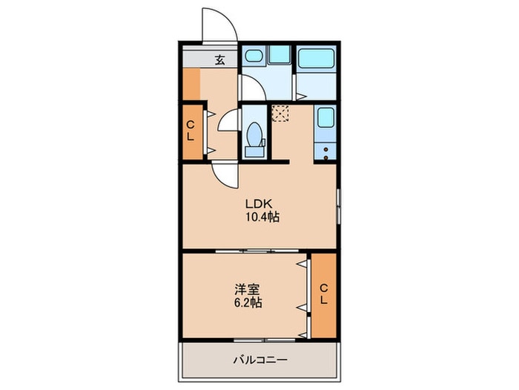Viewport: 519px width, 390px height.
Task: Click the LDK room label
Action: tap(258, 204)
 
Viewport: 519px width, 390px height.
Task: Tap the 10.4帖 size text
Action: tap(262, 217)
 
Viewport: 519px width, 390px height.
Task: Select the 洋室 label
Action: tap(247, 290)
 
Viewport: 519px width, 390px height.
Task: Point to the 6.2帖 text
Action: tap(248, 303)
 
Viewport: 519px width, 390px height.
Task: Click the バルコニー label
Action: tap(259, 360)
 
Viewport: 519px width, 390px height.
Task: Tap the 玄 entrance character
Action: tap(219, 60)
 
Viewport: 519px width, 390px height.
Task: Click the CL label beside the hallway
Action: tap(190, 131)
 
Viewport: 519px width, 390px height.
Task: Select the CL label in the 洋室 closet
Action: tap(324, 294)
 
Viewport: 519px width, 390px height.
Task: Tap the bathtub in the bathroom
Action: tap(317, 59)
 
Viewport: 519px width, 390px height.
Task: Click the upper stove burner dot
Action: tap(326, 149)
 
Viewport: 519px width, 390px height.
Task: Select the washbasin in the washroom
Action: tap(254, 56)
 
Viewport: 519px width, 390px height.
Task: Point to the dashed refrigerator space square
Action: tap(281, 113)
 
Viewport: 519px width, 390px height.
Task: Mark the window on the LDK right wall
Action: tap(339, 206)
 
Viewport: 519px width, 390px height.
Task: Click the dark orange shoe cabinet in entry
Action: tap(191, 84)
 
